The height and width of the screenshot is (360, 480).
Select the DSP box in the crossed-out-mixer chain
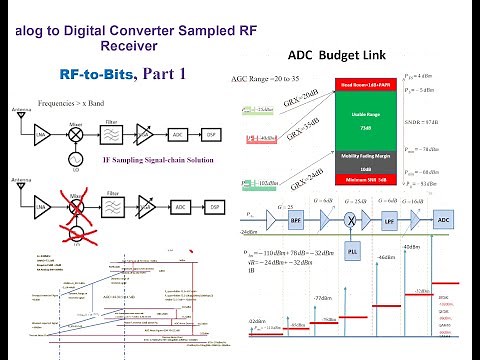212,208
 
